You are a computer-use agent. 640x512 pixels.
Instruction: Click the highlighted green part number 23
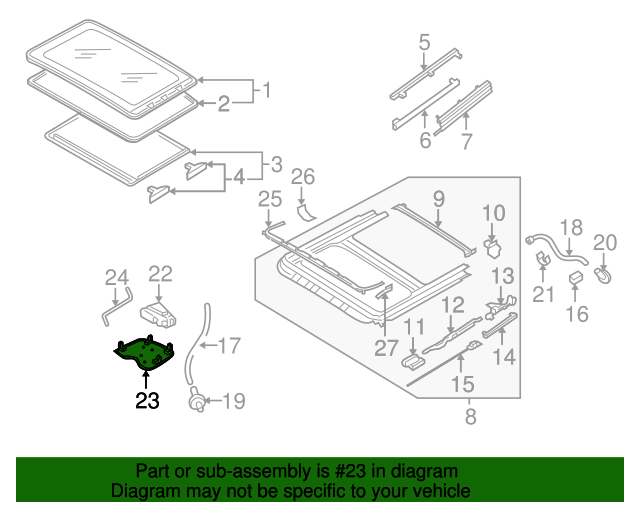tap(145, 353)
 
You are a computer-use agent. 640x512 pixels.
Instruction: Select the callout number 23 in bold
tap(147, 402)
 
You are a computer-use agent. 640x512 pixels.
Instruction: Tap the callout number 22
tap(161, 274)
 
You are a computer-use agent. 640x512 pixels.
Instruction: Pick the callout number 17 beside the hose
tap(229, 346)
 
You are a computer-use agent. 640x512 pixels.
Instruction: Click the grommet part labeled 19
tap(198, 402)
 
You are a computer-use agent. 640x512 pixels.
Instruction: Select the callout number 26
tap(302, 178)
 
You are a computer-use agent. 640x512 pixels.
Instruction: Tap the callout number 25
tap(270, 200)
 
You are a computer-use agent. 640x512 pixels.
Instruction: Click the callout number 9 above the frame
tap(438, 202)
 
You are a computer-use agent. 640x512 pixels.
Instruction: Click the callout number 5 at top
tap(424, 42)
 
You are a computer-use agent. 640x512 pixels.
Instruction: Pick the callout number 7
tap(465, 141)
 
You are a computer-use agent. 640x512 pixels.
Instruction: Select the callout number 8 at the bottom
tap(468, 414)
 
